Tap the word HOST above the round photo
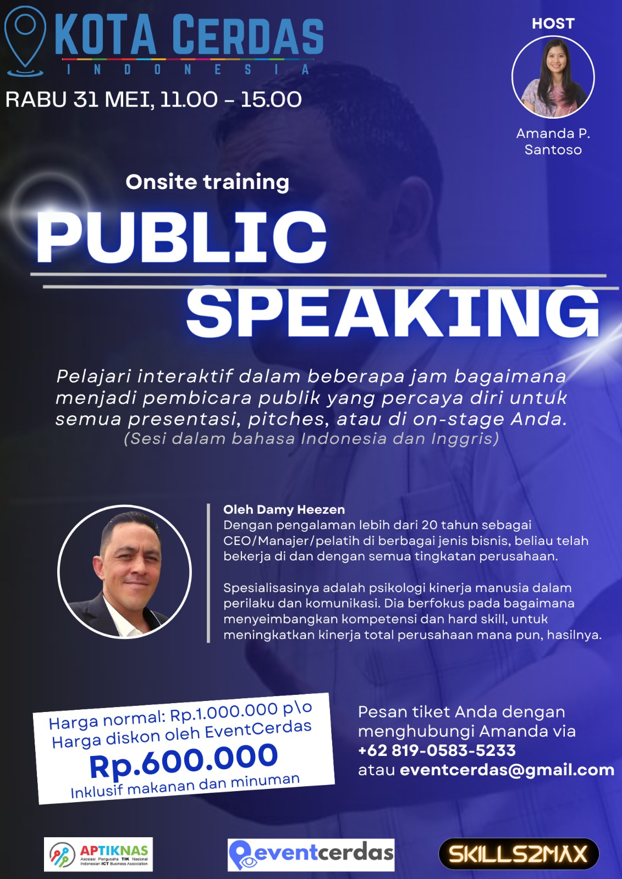[553, 24]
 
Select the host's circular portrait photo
[553, 77]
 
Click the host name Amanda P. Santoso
[553, 141]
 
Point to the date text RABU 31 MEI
[79, 99]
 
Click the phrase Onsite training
[207, 182]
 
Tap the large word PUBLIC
[181, 237]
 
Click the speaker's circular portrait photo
[124, 572]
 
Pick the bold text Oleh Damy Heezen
[284, 510]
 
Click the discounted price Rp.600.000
[184, 761]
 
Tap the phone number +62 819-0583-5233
[437, 750]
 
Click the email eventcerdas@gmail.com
[507, 770]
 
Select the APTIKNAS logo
[98, 854]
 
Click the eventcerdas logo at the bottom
[311, 855]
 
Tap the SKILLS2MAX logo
[519, 854]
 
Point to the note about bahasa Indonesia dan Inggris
[311, 439]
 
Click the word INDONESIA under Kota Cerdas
[188, 70]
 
